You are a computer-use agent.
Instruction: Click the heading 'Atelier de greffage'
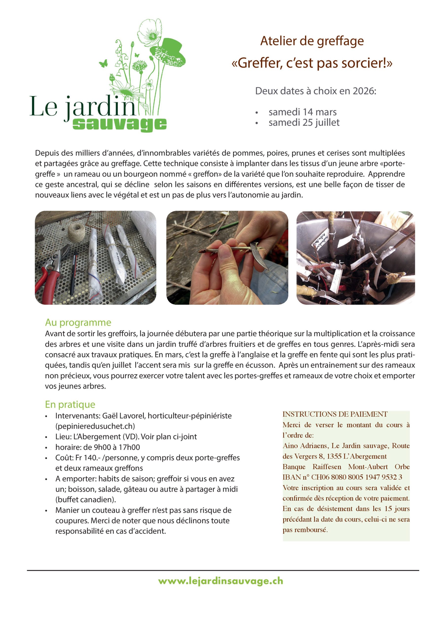click(312, 41)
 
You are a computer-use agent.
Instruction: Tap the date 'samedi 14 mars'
click(303, 112)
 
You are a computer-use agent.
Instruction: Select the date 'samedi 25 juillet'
click(304, 123)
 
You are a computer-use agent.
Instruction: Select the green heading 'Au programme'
click(78, 322)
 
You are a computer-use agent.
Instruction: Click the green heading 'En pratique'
click(70, 404)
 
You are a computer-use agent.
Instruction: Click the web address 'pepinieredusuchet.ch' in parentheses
click(95, 426)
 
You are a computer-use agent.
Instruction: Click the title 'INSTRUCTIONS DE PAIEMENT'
click(335, 414)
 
